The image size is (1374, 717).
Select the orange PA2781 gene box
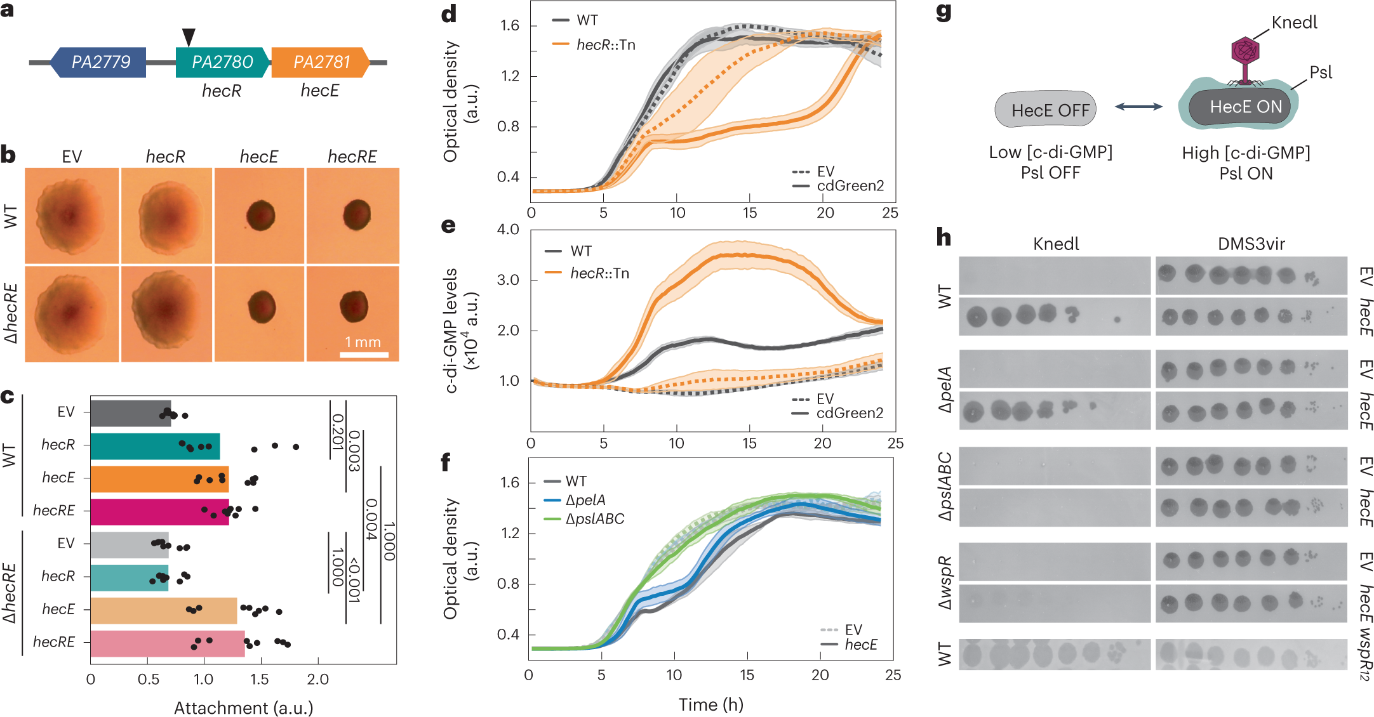[320, 62]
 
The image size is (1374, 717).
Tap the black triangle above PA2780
[189, 37]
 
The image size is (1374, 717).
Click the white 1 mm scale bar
[364, 354]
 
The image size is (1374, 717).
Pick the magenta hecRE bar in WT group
[159, 511]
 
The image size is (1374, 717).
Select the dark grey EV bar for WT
[130, 413]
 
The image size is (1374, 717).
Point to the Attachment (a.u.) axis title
[243, 707]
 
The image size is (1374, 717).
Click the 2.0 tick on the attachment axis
[317, 679]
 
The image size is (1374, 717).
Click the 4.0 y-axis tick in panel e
[508, 229]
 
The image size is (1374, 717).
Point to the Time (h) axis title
[710, 704]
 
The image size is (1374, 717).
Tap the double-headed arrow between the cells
[1138, 107]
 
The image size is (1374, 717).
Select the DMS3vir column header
[1251, 244]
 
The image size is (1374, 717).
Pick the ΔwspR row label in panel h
[945, 582]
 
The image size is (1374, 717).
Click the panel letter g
[944, 13]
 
